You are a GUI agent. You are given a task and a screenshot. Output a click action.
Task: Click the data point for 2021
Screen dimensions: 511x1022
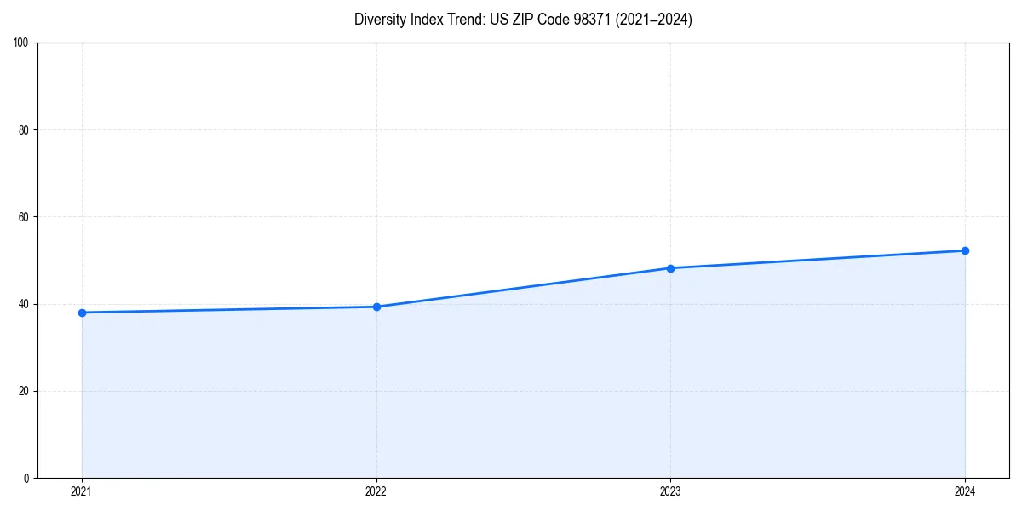(82, 313)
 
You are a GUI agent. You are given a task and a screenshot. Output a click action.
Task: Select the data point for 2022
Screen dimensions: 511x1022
(376, 307)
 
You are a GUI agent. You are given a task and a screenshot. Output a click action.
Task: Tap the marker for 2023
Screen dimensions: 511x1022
(670, 268)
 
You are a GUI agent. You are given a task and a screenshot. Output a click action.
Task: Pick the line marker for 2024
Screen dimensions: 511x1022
(965, 250)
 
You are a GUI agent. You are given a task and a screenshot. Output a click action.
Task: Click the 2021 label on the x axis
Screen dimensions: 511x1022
(82, 491)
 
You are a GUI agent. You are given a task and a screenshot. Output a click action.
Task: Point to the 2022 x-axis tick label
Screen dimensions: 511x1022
(376, 491)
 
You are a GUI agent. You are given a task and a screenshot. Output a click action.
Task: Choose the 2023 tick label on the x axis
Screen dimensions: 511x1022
(670, 491)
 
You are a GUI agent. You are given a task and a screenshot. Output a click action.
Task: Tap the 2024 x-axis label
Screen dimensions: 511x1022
(965, 491)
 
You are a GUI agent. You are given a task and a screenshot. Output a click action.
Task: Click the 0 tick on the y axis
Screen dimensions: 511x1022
(26, 478)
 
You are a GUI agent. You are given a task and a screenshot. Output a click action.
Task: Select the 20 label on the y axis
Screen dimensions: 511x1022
(24, 391)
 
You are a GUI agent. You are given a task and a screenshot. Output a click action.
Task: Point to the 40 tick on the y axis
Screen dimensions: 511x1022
(24, 304)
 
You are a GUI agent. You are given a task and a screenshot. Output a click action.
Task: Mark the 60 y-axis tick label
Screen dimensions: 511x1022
(24, 217)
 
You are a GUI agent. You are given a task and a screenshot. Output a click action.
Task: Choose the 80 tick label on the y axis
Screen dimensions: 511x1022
(24, 130)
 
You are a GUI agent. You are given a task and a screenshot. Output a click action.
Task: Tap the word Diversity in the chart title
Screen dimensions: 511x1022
(381, 20)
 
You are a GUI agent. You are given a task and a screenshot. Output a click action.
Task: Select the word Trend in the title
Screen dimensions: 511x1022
(462, 20)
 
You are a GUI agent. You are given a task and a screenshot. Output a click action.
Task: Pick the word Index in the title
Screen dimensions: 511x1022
(427, 20)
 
